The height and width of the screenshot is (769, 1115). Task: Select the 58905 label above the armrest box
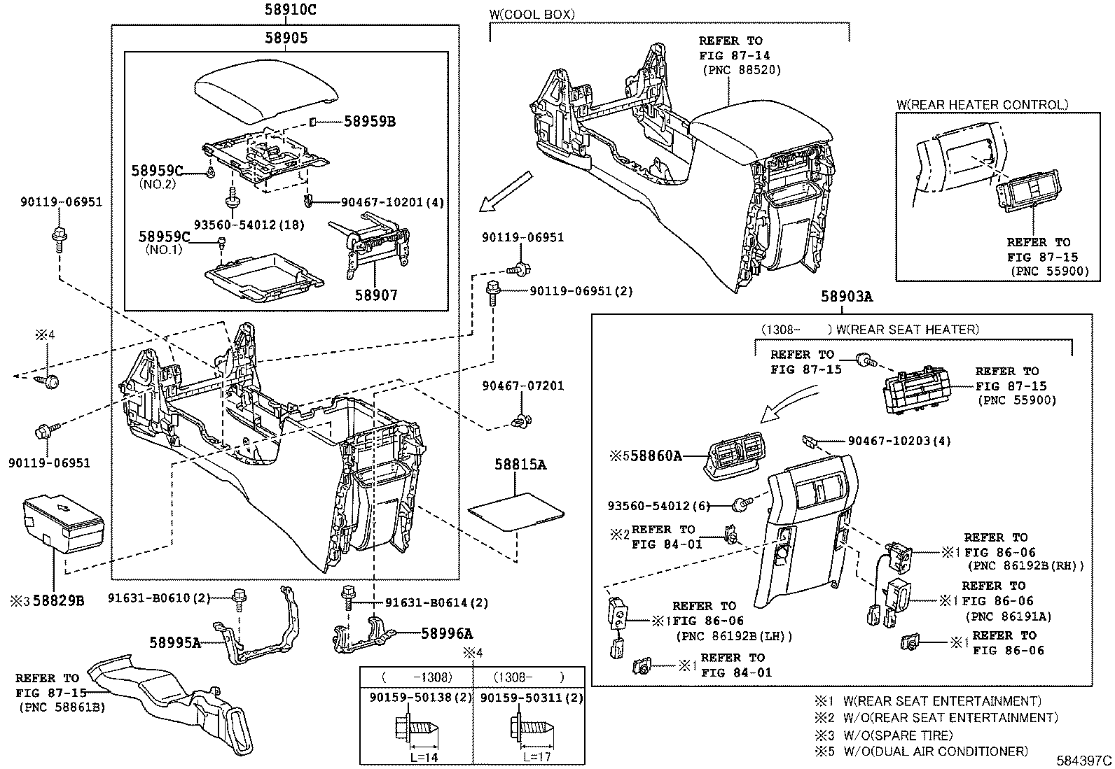[x=286, y=38]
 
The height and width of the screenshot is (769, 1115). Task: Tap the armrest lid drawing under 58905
[x=265, y=94]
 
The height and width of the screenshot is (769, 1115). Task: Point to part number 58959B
[x=369, y=122]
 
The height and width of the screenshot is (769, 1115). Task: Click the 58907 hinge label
[x=375, y=295]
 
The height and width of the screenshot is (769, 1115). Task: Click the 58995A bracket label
[x=174, y=642]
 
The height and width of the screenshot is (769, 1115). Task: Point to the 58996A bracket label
[x=446, y=634]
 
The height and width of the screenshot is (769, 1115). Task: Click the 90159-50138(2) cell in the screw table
[x=416, y=698]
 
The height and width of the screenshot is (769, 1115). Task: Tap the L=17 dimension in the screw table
[x=536, y=757]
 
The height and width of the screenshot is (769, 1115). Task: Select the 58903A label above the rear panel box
[x=847, y=297]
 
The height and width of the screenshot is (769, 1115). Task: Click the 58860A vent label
[x=655, y=456]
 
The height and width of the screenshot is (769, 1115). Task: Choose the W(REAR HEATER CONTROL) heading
[x=982, y=105]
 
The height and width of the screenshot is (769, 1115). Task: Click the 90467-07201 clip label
[x=522, y=386]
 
